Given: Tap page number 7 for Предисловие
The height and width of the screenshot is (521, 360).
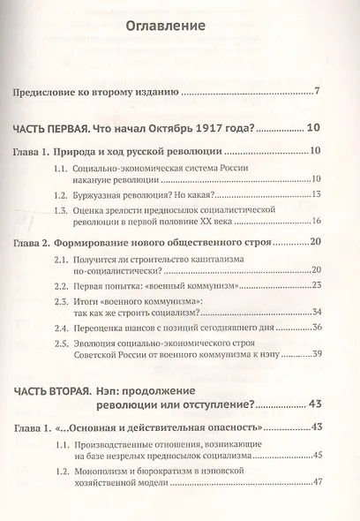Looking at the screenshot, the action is point(316,91).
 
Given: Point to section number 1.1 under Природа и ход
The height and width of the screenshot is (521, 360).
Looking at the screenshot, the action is point(61,169).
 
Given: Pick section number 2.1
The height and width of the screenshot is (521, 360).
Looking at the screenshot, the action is point(61,262).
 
